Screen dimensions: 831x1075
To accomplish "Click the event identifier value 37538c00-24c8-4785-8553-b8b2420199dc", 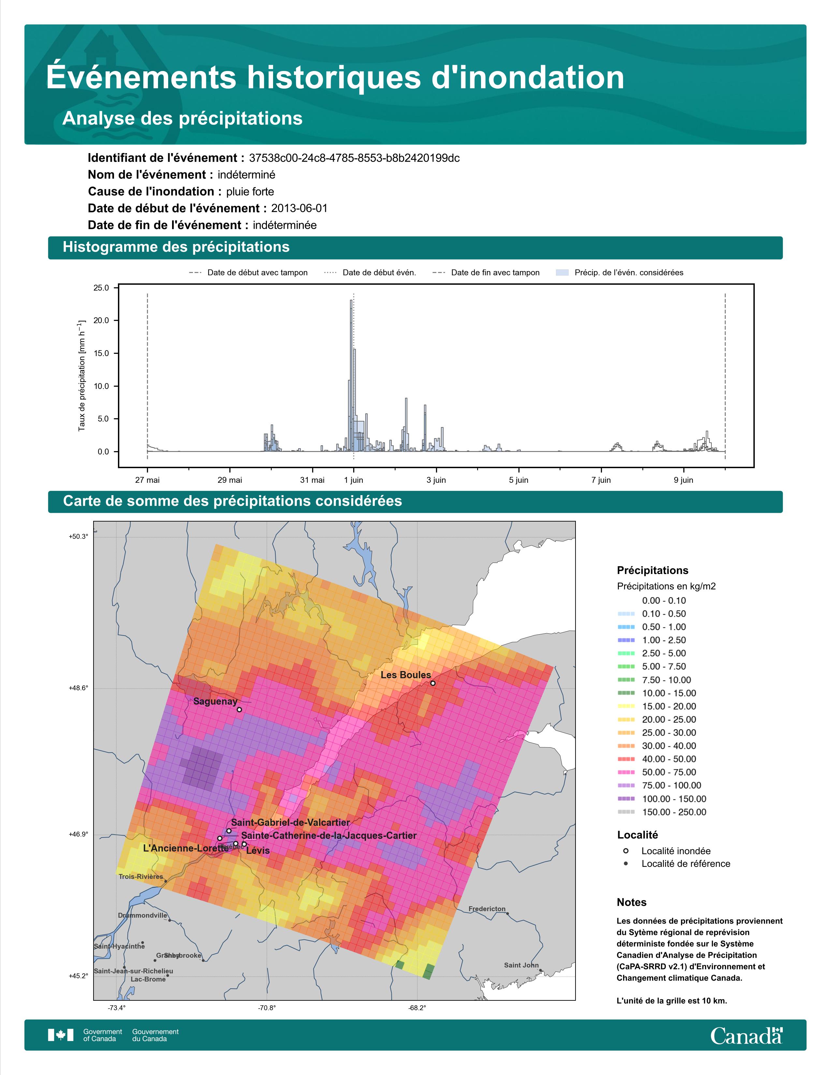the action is (x=355, y=158).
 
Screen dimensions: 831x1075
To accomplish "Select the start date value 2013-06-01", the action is (x=299, y=208).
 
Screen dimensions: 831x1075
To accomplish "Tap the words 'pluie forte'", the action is (x=250, y=192).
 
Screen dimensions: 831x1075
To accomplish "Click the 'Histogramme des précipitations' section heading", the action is (x=176, y=247).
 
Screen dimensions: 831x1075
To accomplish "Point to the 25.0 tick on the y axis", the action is (x=101, y=287).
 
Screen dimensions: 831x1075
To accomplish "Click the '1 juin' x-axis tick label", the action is (x=354, y=480).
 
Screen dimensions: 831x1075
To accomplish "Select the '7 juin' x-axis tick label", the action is (x=601, y=480).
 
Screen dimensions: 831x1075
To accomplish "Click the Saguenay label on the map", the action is (x=215, y=701).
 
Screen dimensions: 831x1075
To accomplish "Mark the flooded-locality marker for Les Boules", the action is (x=433, y=683).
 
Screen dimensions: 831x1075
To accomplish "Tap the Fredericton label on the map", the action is (x=487, y=909).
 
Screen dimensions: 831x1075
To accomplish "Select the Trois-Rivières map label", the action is (x=141, y=877).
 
